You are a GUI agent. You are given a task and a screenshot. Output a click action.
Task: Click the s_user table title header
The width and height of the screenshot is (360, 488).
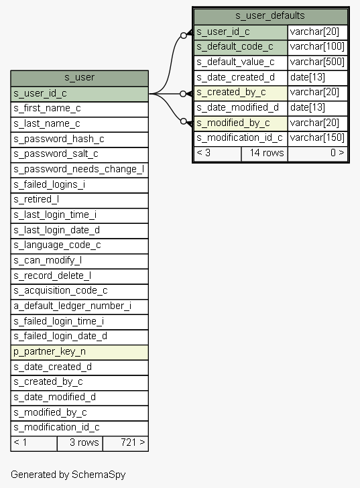79,78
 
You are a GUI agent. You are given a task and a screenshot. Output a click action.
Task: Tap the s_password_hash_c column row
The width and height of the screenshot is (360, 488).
79,139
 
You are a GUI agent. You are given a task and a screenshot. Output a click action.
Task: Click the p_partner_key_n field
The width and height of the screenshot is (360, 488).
79,352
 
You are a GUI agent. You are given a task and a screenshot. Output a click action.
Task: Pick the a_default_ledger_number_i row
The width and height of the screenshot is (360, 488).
79,306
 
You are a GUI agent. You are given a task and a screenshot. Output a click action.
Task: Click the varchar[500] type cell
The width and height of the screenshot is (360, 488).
317,62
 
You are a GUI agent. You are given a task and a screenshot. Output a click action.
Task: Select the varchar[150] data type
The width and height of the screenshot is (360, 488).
317,139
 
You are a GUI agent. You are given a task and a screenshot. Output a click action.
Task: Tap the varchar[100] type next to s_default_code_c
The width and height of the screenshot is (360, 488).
317,48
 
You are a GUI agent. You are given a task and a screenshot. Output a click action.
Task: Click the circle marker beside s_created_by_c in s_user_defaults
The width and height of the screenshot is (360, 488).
183,94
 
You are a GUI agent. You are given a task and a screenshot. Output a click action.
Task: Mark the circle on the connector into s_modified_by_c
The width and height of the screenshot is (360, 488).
183,121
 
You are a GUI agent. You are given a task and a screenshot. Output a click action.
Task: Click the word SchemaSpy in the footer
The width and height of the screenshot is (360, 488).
99,475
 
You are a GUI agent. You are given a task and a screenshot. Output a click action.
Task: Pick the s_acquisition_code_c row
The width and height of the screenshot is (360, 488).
79,292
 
